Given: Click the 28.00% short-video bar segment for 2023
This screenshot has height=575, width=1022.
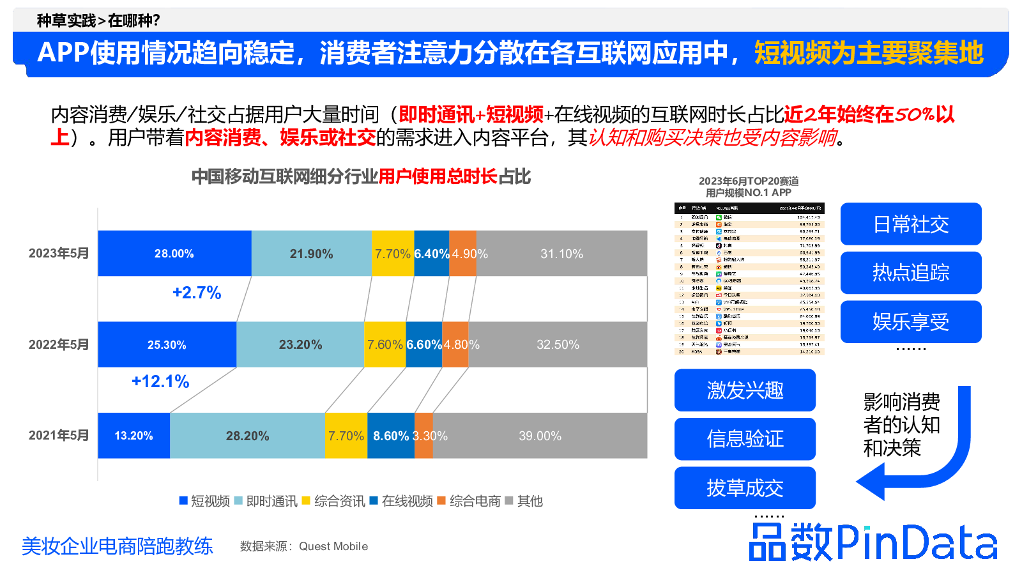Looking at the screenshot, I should (174, 254).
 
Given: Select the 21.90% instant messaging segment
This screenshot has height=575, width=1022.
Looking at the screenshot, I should (311, 254).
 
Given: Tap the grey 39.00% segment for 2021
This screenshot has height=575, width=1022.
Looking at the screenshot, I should (540, 436).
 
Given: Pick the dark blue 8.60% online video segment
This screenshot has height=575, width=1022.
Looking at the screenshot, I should (391, 436).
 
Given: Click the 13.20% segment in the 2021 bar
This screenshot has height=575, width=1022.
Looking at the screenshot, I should (133, 436).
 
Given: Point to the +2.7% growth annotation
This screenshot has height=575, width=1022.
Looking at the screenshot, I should (197, 293).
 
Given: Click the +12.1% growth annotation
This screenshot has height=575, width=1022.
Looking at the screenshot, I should (160, 381).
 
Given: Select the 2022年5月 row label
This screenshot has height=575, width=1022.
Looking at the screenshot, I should (59, 344).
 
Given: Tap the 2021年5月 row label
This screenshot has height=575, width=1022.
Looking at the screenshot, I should (59, 435).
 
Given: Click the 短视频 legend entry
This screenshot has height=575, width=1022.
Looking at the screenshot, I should (205, 501).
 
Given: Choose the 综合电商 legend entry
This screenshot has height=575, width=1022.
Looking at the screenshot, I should (469, 501).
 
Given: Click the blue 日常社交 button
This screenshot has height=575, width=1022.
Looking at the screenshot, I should (911, 224).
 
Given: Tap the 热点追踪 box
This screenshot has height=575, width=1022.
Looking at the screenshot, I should (911, 273).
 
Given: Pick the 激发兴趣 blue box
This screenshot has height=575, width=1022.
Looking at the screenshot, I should (745, 390).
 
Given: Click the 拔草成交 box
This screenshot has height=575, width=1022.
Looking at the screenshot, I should (745, 488).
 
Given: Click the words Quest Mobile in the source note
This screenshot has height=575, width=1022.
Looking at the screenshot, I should (333, 546).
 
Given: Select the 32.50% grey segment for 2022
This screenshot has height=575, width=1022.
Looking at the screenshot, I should (558, 344).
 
